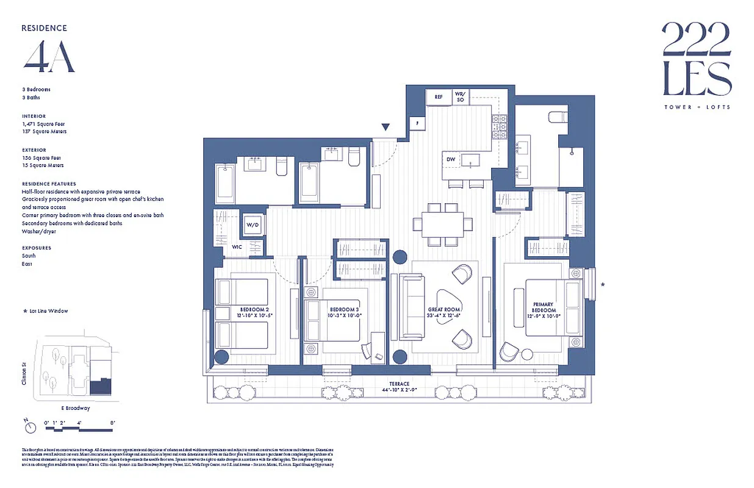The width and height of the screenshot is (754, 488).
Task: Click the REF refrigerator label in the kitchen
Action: pyautogui.click(x=438, y=97)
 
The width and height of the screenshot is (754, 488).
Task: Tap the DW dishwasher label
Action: pyautogui.click(x=451, y=160)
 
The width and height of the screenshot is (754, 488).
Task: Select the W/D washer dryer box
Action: pyautogui.click(x=252, y=224)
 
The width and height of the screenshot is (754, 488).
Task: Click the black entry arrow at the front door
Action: pyautogui.click(x=386, y=127)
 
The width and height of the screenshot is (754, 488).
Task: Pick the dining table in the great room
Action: pyautogui.click(x=443, y=224)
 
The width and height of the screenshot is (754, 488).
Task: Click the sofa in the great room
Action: pyautogui.click(x=411, y=306)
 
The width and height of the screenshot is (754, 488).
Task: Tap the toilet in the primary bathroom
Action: pyautogui.click(x=558, y=117)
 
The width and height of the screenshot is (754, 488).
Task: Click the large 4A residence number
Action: pyautogui.click(x=49, y=58)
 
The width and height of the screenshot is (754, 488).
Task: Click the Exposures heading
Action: pyautogui.click(x=37, y=248)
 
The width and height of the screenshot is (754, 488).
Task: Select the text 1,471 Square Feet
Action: pyautogui.click(x=43, y=124)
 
